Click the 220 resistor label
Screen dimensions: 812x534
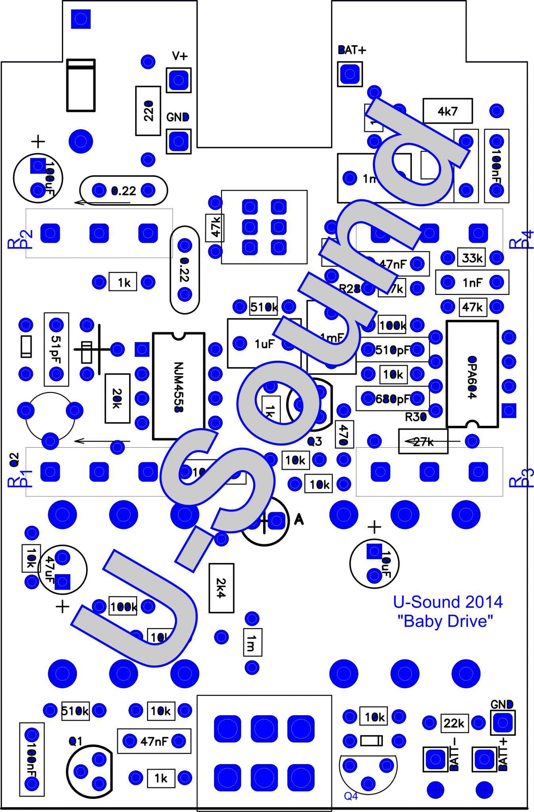click(148, 111)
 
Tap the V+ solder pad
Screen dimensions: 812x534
click(178, 80)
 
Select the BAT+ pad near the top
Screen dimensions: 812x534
click(350, 74)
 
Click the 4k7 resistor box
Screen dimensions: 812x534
click(448, 111)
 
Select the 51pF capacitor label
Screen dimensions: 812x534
click(56, 349)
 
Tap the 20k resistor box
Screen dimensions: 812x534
click(117, 398)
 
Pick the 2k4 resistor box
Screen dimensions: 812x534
click(221, 588)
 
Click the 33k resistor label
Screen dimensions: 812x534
click(472, 258)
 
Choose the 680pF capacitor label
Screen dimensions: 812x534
click(392, 399)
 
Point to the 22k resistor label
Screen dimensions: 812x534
click(454, 723)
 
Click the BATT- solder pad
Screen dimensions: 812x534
click(435, 759)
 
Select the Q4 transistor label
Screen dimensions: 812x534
click(351, 796)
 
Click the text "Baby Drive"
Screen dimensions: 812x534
click(448, 620)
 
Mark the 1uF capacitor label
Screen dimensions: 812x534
click(264, 344)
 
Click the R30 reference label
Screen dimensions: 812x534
click(415, 417)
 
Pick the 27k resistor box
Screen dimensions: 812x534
click(423, 441)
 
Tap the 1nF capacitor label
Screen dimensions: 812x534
click(473, 282)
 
